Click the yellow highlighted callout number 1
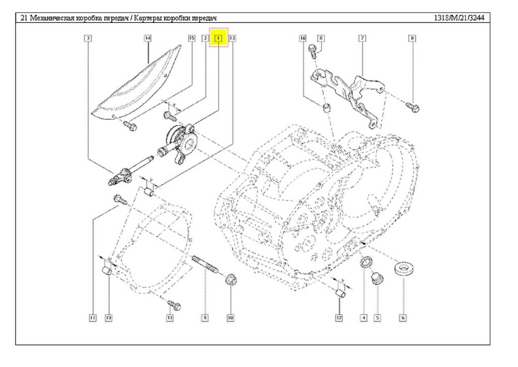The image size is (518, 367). coord(219,38)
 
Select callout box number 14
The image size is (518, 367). coord(148,38)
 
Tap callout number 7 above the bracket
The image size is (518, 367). coord(362,38)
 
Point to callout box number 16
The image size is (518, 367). coord(303,38)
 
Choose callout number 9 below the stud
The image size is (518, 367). coord(205,317)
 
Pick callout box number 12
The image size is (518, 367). coord(339,317)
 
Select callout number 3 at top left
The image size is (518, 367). coord(89,38)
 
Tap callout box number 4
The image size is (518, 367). coord(364,317)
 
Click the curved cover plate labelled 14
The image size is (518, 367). coord(140,83)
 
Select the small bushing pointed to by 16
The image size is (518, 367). coord(326,109)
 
